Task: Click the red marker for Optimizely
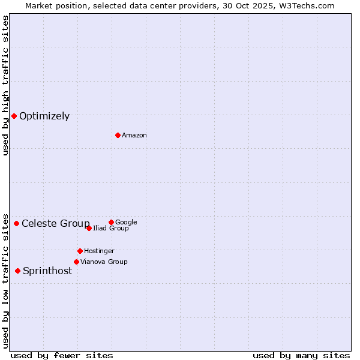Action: pyautogui.click(x=14, y=116)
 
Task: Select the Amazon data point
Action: pyautogui.click(x=118, y=135)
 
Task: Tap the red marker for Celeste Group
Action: pyautogui.click(x=16, y=223)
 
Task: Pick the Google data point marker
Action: pyautogui.click(x=111, y=222)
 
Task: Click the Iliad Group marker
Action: pyautogui.click(x=89, y=228)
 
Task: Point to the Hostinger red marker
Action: pyautogui.click(x=80, y=251)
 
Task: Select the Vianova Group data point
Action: pyautogui.click(x=76, y=262)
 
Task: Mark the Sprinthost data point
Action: pyautogui.click(x=17, y=271)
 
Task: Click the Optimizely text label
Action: pyautogui.click(x=44, y=116)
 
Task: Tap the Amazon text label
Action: pyautogui.click(x=134, y=136)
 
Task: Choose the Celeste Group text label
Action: pyautogui.click(x=55, y=224)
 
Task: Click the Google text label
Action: pyautogui.click(x=126, y=222)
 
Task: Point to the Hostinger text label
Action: pyautogui.click(x=99, y=251)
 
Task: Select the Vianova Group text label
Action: pyautogui.click(x=104, y=262)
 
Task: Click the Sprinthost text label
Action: pyautogui.click(x=47, y=271)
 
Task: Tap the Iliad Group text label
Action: pyautogui.click(x=111, y=229)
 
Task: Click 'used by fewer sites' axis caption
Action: pyautogui.click(x=62, y=356)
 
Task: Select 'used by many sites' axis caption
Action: pyautogui.click(x=301, y=356)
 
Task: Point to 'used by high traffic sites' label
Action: pyautogui.click(x=5, y=85)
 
